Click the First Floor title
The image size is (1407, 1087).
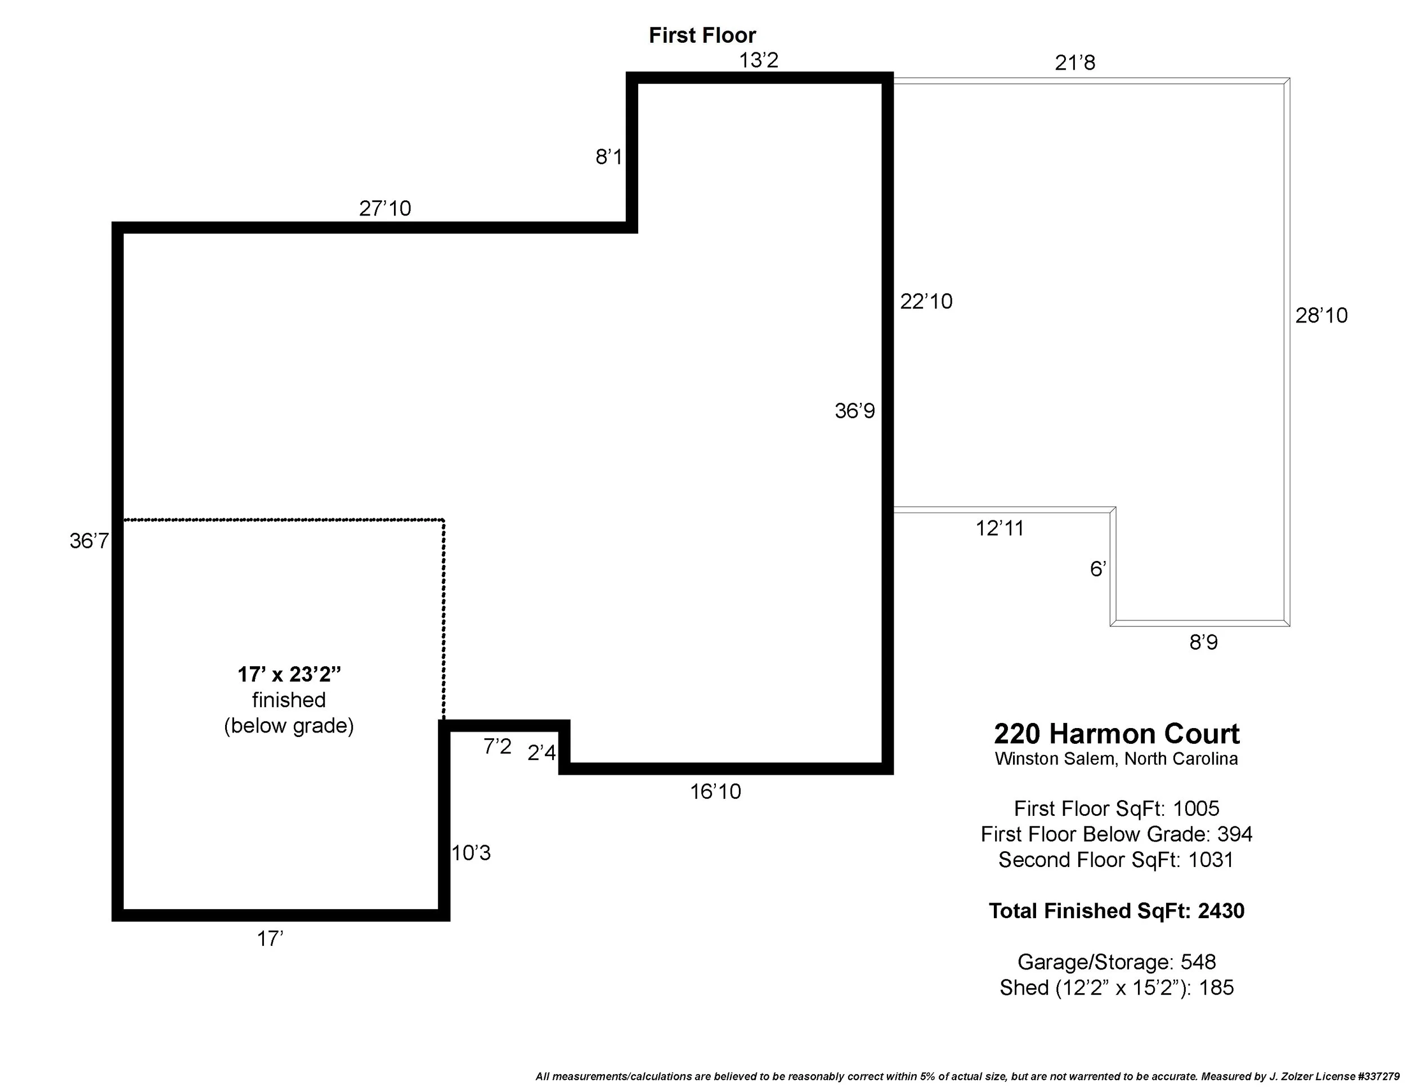[x=702, y=35]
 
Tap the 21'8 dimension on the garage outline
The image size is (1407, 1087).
[x=1074, y=63]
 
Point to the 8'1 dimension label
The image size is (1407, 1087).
[x=608, y=156]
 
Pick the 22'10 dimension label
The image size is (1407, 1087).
[x=926, y=302]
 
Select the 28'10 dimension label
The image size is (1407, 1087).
[x=1321, y=316]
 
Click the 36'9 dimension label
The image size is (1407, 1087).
[x=854, y=411]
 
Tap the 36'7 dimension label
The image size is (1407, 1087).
[x=89, y=541]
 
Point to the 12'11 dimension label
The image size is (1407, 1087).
[x=999, y=529]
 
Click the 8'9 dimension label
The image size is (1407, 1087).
[x=1203, y=643]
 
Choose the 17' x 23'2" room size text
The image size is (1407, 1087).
[x=289, y=674]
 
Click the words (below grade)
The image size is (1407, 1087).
[x=289, y=726]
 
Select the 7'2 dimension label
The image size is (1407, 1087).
[x=498, y=747]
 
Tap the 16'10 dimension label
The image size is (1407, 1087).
[x=715, y=792]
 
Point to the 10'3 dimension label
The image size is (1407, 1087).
[x=471, y=854]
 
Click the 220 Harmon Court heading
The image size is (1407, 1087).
[x=1116, y=734]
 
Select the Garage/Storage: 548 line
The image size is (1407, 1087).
[x=1116, y=962]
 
